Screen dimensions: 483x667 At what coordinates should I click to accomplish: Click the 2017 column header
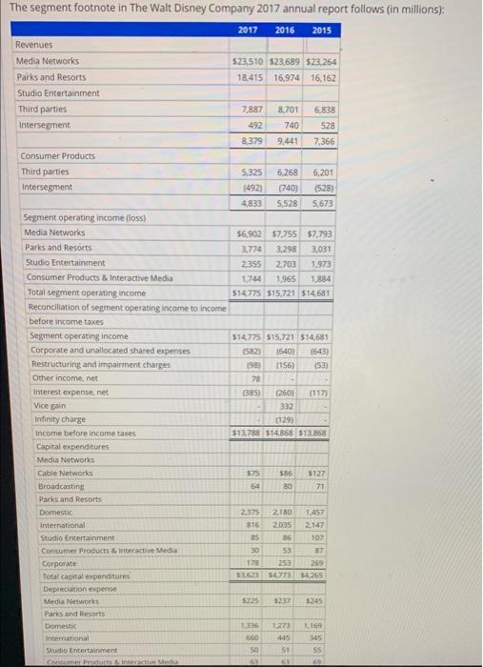pos(249,30)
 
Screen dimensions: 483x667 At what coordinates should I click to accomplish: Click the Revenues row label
pos(34,44)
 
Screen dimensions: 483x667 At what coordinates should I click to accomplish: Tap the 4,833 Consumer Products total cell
pos(251,203)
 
